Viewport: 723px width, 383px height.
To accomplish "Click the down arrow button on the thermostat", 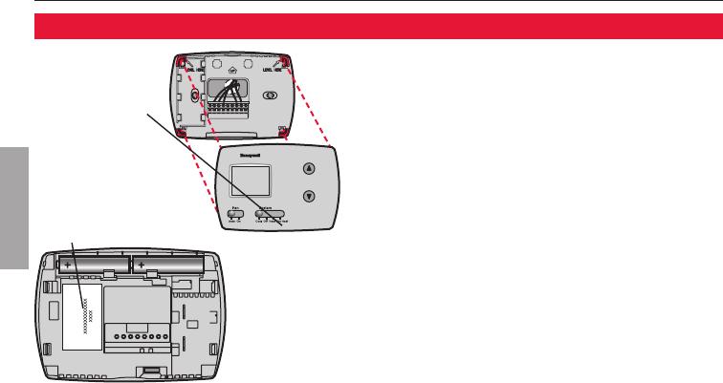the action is (x=308, y=197).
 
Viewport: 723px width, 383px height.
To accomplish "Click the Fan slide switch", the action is (x=235, y=215).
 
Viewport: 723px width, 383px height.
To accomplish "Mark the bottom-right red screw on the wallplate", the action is (x=280, y=131).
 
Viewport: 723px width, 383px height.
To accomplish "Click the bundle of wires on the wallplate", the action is (x=227, y=92).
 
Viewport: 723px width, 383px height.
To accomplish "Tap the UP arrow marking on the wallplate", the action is (x=230, y=68).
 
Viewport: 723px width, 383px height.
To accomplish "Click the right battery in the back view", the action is (x=167, y=265).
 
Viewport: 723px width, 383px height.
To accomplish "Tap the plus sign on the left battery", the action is (x=69, y=264).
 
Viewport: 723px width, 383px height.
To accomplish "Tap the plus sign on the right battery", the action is (x=141, y=264).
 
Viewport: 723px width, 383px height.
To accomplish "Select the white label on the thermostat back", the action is (x=82, y=314).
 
